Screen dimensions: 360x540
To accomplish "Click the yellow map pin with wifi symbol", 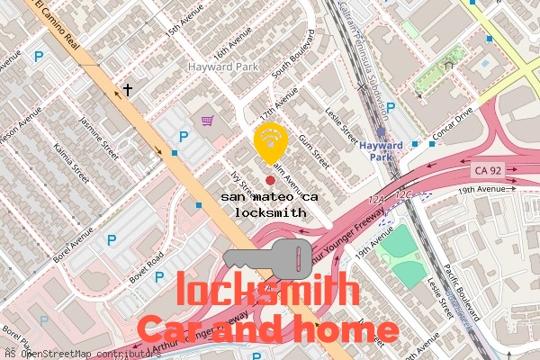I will click(x=270, y=141).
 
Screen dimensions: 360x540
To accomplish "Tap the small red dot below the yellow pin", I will click(x=270, y=181).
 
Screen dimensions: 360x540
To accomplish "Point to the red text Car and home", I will click(x=267, y=328).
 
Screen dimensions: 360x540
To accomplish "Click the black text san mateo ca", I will click(x=270, y=196).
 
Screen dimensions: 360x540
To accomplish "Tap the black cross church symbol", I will click(x=128, y=90).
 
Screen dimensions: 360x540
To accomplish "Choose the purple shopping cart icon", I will click(x=208, y=120).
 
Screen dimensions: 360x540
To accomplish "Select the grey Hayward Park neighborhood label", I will click(x=222, y=67).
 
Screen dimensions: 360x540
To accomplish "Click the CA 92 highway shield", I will click(x=488, y=170).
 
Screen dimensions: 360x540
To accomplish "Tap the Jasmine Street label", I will click(x=98, y=133).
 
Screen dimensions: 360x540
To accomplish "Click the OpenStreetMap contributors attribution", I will click(x=81, y=354).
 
